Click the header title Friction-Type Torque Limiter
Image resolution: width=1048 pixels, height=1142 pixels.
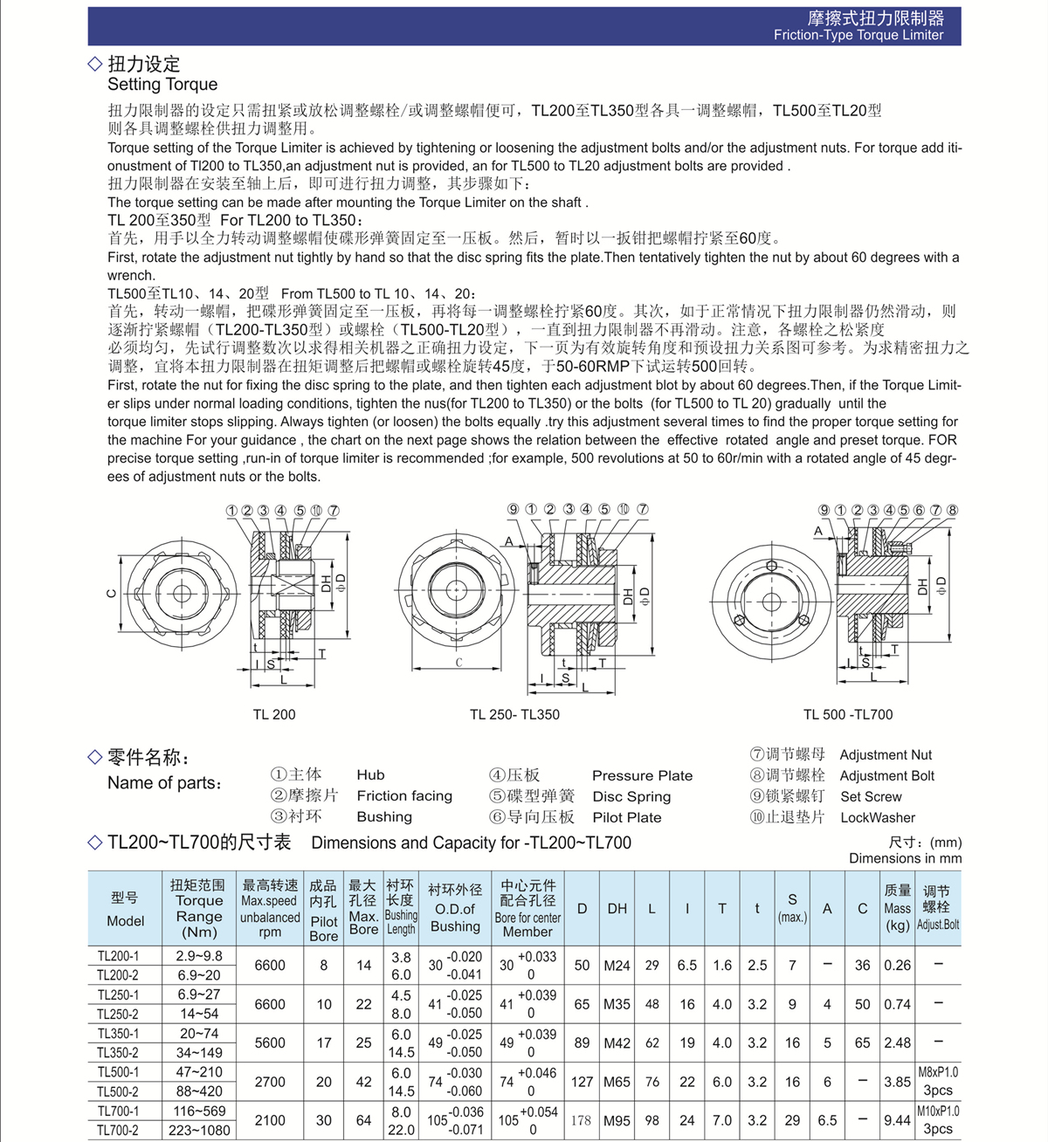click(858, 35)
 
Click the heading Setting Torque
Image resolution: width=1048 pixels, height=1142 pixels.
click(162, 85)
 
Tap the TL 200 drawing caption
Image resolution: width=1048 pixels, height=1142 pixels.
click(274, 714)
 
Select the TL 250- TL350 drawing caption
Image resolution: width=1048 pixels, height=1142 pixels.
click(514, 714)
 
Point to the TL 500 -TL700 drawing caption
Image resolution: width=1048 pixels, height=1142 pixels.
click(848, 714)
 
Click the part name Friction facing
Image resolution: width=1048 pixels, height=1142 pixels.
click(404, 796)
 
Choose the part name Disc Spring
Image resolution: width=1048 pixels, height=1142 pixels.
click(631, 796)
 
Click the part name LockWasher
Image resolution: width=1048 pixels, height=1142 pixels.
click(878, 818)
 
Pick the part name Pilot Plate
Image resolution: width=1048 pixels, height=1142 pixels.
click(626, 818)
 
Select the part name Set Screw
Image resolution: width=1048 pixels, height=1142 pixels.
click(871, 796)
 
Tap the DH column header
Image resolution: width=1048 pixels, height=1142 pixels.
click(617, 909)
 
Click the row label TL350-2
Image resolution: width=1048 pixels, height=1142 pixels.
click(118, 1053)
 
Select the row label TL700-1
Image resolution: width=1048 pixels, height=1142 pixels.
click(118, 1111)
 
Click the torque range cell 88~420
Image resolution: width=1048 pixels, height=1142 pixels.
click(199, 1091)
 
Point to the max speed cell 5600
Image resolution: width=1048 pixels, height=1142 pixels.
click(270, 1042)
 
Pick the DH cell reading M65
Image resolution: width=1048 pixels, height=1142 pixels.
click(617, 1082)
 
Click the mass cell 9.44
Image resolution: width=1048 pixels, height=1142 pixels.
click(897, 1120)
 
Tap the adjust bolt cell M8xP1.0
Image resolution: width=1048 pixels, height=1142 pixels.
click(938, 1072)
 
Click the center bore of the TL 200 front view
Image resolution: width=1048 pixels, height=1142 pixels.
click(182, 594)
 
